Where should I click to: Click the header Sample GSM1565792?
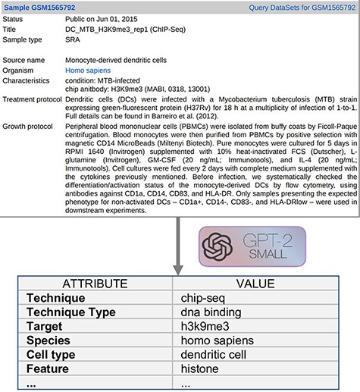[x=40, y=8]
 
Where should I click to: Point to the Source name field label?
[x=26, y=60]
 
